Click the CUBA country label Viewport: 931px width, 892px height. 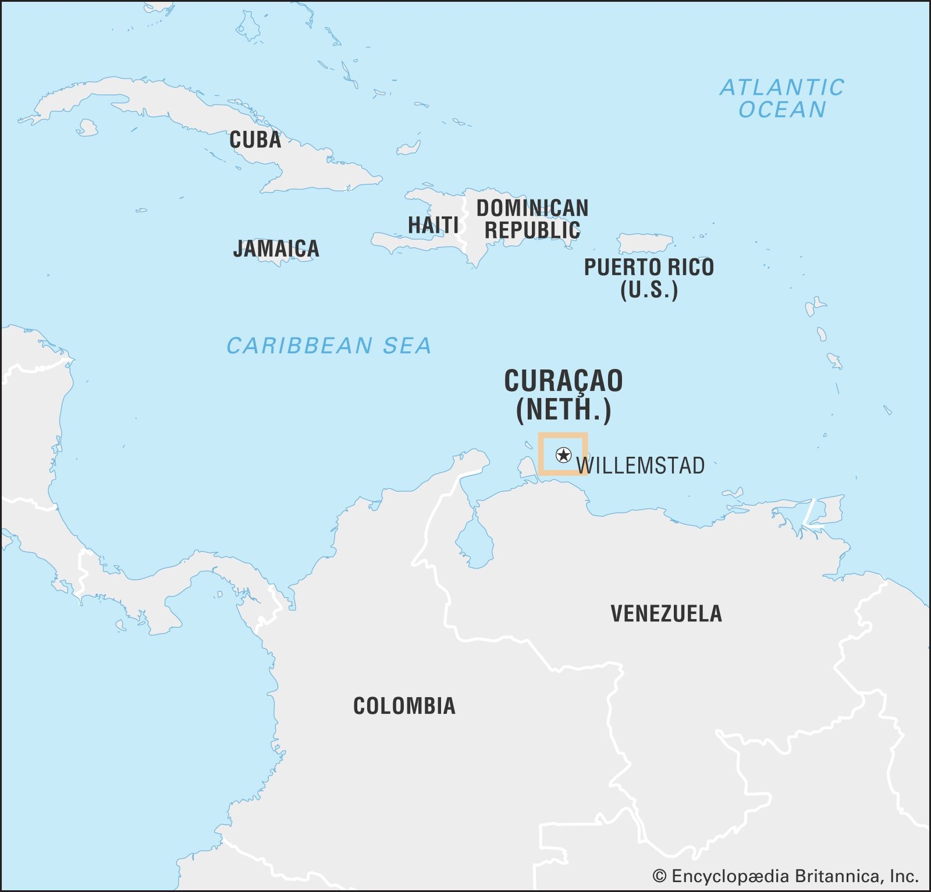coord(255,140)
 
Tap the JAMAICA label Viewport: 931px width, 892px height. coord(276,248)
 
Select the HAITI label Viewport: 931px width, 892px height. coord(433,225)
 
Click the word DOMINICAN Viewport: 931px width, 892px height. coord(532,208)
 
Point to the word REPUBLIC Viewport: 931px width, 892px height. coord(532,230)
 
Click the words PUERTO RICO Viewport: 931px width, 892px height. coord(648,267)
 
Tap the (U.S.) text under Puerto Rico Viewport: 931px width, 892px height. coord(648,290)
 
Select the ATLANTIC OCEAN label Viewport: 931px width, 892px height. coord(781,98)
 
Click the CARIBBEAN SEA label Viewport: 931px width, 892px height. coord(329,346)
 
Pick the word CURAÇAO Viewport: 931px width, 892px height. coord(563,381)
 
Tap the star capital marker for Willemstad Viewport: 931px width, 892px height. coord(563,455)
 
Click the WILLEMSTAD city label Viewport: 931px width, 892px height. coord(640,465)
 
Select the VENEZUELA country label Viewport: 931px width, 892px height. coord(666,613)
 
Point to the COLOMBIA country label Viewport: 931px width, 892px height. coord(404,706)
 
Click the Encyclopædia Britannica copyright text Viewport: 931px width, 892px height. coord(785,876)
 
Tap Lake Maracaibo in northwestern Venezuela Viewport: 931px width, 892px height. coord(475,544)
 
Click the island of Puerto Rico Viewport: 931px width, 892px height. coord(645,243)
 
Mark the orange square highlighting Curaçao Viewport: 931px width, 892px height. coord(562,436)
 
